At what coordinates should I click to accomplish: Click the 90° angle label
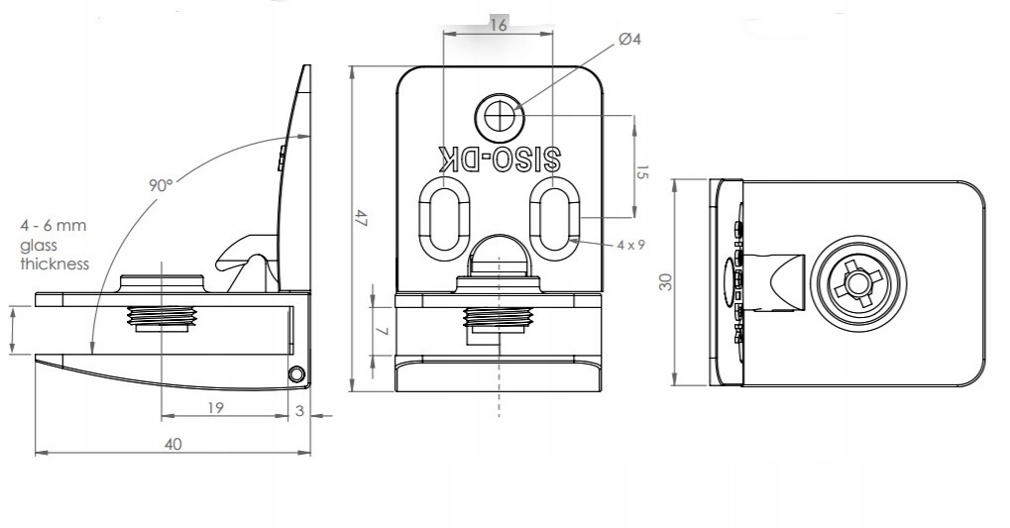click(161, 185)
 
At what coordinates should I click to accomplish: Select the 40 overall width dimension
click(173, 445)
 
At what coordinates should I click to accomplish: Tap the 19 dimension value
click(216, 407)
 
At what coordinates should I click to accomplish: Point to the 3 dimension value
click(300, 411)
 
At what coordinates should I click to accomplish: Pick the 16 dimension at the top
click(498, 26)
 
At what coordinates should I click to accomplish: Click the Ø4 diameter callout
click(629, 40)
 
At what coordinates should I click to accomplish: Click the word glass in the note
click(38, 245)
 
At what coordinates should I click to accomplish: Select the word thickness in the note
click(55, 264)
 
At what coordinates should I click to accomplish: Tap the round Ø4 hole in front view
click(501, 118)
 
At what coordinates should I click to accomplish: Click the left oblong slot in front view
click(442, 215)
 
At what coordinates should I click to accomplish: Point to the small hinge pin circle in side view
click(295, 373)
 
